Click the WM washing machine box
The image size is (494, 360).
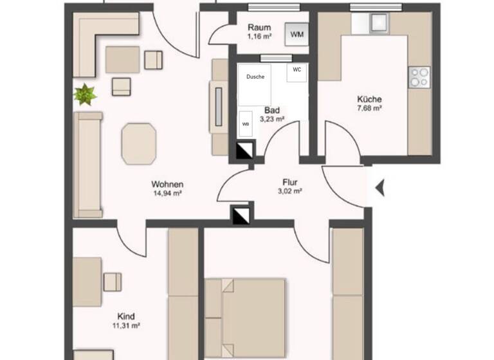tap(297, 35)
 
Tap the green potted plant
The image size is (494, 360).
tap(85, 94)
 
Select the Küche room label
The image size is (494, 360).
tap(369, 100)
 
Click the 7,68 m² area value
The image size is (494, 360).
tap(369, 109)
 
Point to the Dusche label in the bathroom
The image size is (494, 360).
tap(255, 76)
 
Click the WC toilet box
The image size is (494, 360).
tap(297, 69)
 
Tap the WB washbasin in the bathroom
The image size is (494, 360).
tap(246, 124)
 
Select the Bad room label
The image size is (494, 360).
tap(271, 110)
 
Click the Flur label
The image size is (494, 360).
tap(289, 181)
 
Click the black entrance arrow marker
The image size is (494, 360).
tap(380, 188)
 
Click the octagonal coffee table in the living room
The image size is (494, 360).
tap(139, 142)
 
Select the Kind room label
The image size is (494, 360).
tap(126, 316)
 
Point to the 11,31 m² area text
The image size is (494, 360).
tap(126, 325)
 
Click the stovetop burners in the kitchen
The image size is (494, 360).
tap(419, 77)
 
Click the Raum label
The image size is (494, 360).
tap(260, 28)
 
